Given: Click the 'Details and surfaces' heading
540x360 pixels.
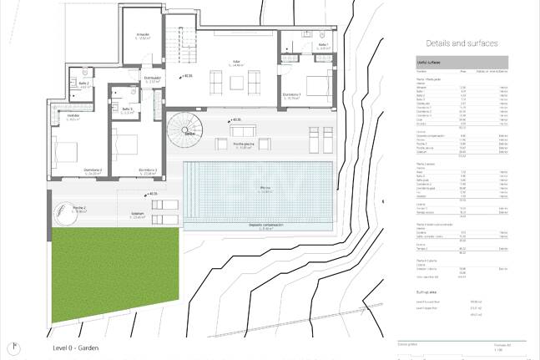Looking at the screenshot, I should point(462,43).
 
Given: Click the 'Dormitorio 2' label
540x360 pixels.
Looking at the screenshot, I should point(92,170).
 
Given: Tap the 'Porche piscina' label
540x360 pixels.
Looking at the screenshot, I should point(245,145).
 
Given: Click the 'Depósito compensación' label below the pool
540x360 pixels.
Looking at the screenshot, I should point(265,225).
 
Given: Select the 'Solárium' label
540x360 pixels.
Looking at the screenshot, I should point(138,214).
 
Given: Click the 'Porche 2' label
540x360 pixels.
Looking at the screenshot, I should point(80,208).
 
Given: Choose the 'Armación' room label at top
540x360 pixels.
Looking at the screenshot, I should point(144,35).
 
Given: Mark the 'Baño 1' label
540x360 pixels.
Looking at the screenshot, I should point(323,45).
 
